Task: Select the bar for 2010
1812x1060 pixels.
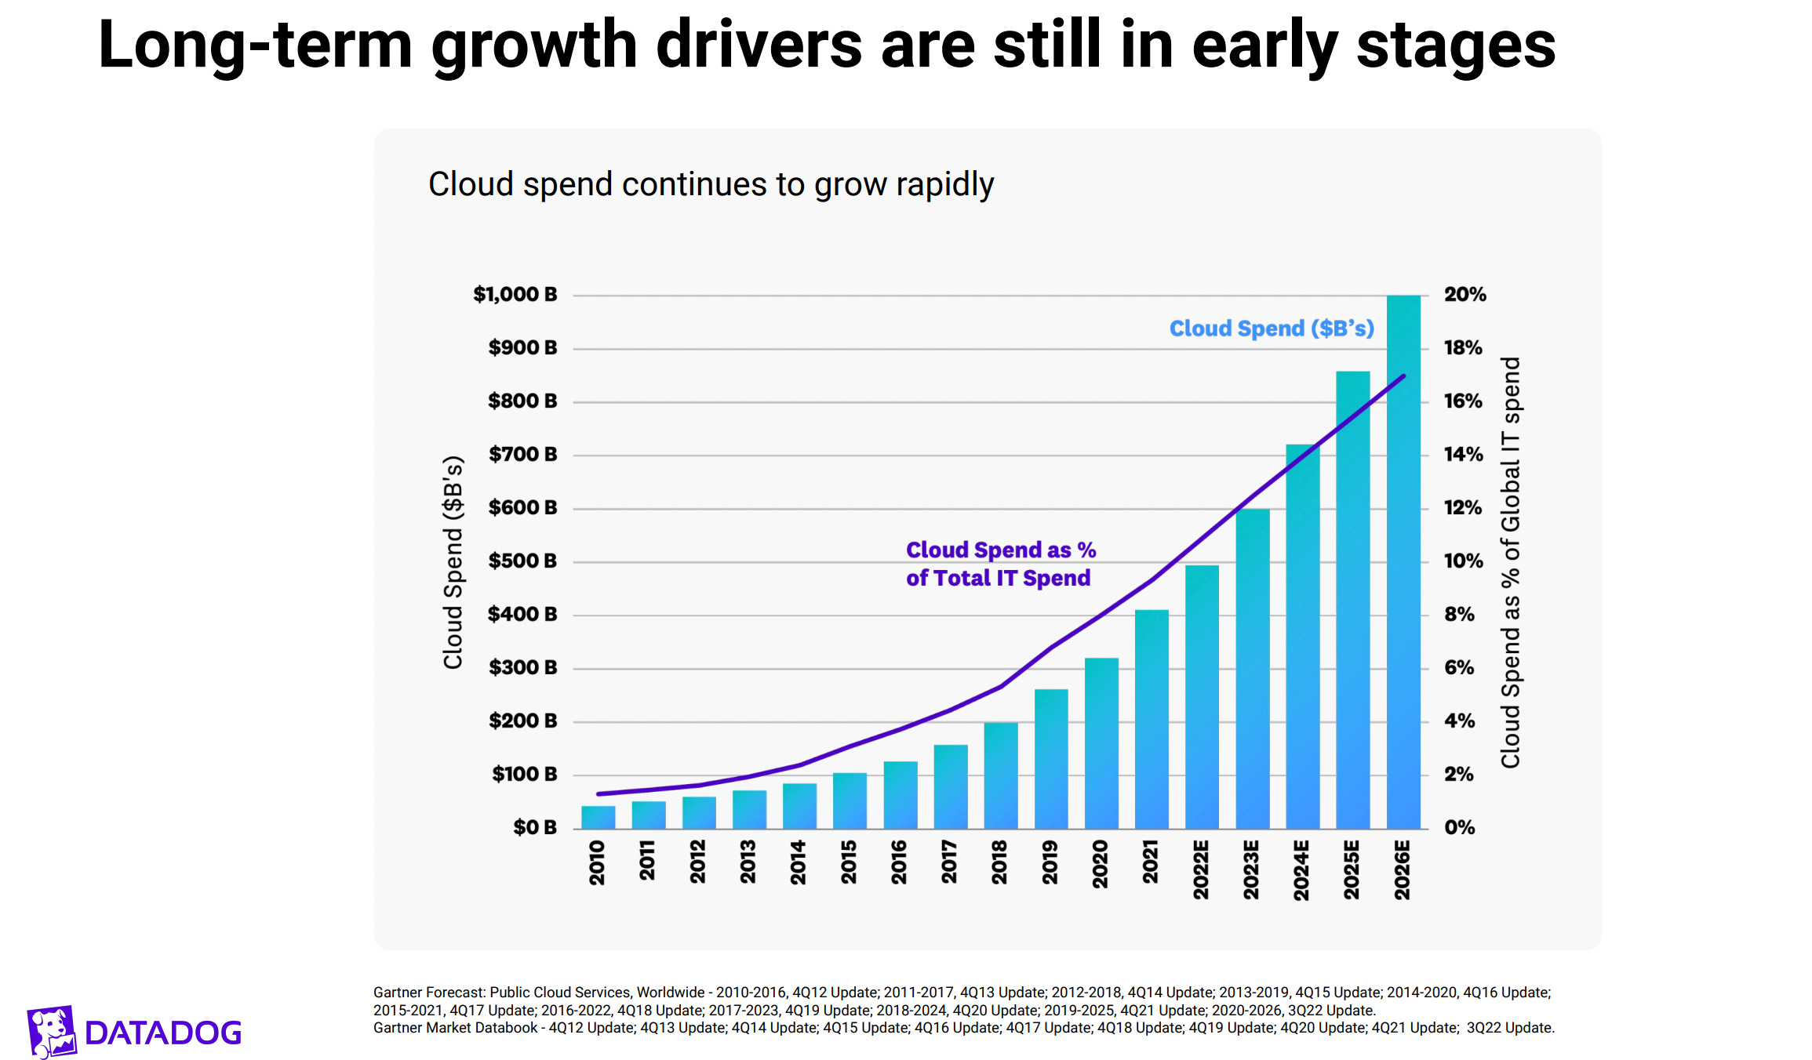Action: click(x=598, y=817)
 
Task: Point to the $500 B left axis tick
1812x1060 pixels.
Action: click(x=522, y=561)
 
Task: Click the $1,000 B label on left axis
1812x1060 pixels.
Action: click(x=515, y=295)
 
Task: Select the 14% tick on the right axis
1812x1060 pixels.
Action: click(x=1463, y=455)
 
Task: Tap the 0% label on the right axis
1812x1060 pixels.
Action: click(x=1459, y=828)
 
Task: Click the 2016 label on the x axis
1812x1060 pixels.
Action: click(x=899, y=862)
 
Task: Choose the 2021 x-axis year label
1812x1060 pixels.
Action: click(x=1151, y=862)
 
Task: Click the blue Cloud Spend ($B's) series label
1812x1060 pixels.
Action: click(x=1271, y=329)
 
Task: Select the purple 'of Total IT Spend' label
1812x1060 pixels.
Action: click(x=998, y=579)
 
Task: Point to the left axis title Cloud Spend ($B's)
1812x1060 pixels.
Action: click(x=453, y=562)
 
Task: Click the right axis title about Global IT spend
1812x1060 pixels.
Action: click(x=1510, y=562)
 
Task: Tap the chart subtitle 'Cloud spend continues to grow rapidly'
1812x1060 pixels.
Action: click(x=711, y=185)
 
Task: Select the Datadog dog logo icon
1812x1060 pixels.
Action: click(x=52, y=1031)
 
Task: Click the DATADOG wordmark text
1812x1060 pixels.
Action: click(x=163, y=1033)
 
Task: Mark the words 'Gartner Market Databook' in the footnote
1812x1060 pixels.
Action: click(x=455, y=1028)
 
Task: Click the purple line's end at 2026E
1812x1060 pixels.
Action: click(x=1403, y=377)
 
